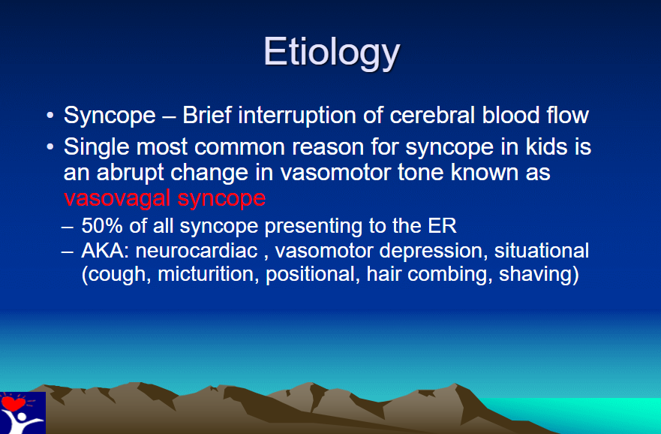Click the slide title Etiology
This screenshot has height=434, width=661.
[x=332, y=53]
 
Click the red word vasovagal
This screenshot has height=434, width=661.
[x=117, y=197]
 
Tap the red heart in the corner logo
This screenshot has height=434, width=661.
[x=13, y=402]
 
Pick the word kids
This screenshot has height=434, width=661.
[x=546, y=146]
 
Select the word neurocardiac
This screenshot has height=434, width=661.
[x=197, y=251]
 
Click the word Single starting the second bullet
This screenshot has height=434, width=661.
[x=97, y=146]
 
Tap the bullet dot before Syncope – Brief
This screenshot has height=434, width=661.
[x=50, y=115]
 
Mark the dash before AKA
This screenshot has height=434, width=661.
[x=68, y=252]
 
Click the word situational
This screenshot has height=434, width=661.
[x=542, y=251]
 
